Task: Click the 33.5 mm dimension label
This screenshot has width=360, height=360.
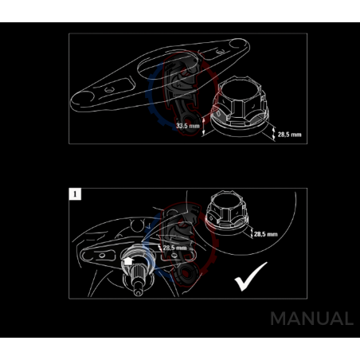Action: tap(187, 126)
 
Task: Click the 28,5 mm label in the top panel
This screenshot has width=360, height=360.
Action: tap(290, 135)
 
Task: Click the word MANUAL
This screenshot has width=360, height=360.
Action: tap(311, 319)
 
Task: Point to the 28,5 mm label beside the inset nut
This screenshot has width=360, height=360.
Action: tap(266, 235)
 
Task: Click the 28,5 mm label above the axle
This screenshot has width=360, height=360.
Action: tap(176, 248)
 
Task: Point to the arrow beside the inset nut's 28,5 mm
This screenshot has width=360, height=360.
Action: tap(248, 234)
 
